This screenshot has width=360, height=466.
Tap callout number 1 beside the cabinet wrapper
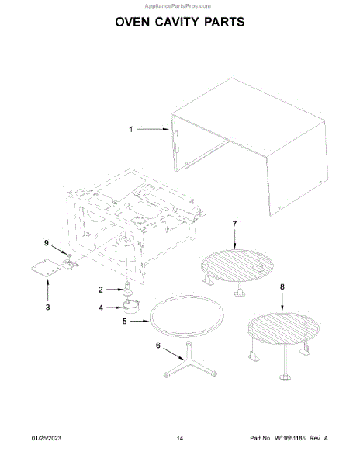[131, 129]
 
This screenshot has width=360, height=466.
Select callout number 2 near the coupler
[100, 290]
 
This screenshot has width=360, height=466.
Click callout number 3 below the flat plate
[47, 308]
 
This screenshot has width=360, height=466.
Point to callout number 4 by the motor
[101, 308]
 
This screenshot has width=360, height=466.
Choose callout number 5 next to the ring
[125, 322]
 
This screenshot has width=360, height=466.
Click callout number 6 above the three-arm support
[158, 345]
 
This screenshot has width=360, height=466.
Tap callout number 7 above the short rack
[234, 224]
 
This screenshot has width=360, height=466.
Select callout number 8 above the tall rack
[282, 287]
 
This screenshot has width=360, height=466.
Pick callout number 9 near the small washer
[47, 243]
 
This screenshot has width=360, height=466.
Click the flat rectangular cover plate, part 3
[47, 268]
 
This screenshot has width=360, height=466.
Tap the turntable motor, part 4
[131, 307]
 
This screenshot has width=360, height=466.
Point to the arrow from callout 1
[153, 129]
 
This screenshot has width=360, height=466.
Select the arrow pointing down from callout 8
[282, 301]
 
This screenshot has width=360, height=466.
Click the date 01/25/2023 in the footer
[47, 438]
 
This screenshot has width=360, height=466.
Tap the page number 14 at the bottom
[180, 438]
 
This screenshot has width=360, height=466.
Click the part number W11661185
[289, 438]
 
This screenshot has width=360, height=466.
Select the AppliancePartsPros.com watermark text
[178, 6]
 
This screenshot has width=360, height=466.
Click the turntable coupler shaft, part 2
[127, 289]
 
